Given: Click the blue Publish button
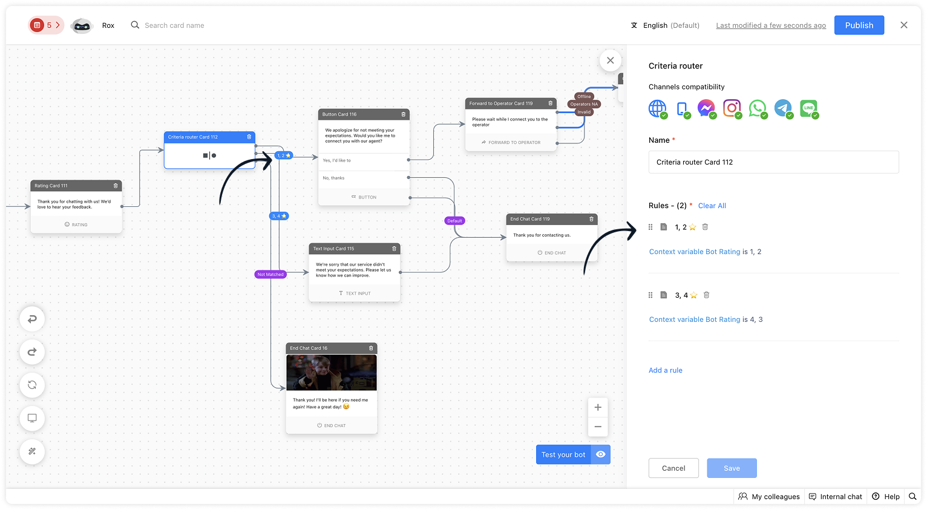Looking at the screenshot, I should pos(859,25).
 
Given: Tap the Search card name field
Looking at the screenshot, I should pos(174,25).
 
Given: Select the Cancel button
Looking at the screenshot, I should pos(673,468).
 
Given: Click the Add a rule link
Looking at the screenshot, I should pos(666,370).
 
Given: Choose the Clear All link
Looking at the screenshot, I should pos(712,206).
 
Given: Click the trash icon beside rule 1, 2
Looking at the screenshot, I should pos(705,227).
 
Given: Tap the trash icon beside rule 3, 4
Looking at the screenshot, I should pos(706,295).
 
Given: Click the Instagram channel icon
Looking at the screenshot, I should pos(732,108).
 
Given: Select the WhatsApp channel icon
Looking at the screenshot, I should pos(757,108).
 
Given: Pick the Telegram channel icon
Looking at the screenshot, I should pos(783,108).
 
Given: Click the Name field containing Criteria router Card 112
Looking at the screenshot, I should pos(773,162).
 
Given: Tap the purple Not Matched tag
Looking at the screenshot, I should pos(270,275).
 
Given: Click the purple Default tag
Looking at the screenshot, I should pos(454,221).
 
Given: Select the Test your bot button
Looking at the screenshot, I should pos(563,455).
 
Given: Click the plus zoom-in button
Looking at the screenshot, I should pos(598,407).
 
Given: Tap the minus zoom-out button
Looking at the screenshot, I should pos(598,427).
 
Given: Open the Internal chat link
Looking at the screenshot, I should pos(836,497).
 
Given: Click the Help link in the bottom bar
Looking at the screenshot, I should pos(886,497).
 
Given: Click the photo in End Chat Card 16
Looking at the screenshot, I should pos(332,373).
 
